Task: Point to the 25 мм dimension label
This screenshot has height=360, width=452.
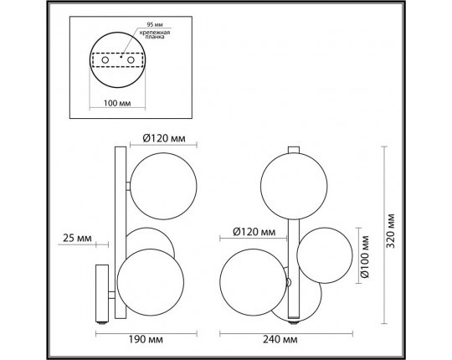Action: (x=76, y=239)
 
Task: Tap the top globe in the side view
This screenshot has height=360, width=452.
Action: (x=163, y=184)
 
